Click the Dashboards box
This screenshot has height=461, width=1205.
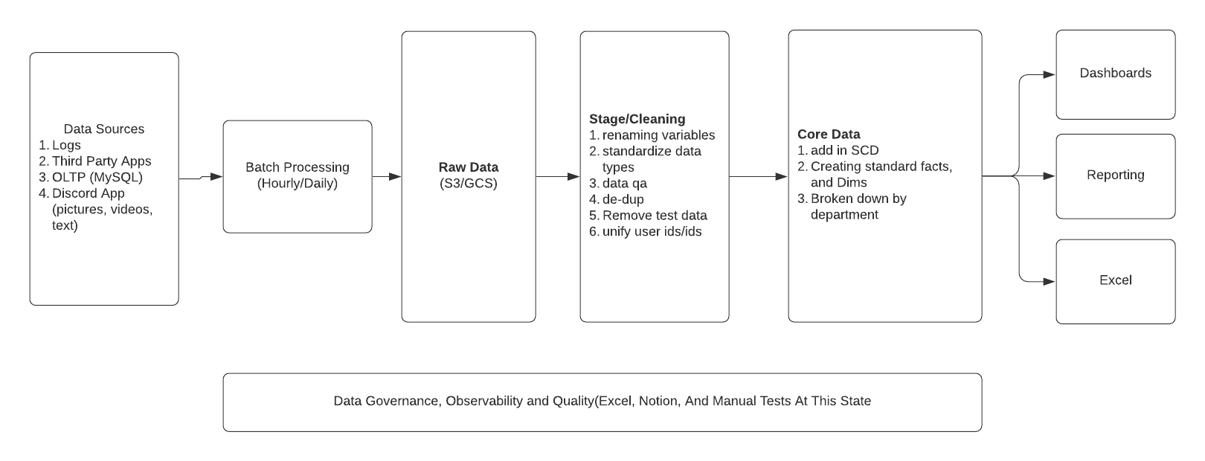[1115, 74]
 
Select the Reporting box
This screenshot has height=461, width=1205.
[1115, 175]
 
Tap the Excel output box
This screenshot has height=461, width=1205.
[1115, 280]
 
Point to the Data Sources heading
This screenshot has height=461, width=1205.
[104, 129]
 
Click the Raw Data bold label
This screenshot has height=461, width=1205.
[468, 167]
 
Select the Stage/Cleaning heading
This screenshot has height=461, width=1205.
[637, 119]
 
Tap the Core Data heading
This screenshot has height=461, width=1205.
[829, 135]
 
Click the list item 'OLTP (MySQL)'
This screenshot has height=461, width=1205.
[97, 178]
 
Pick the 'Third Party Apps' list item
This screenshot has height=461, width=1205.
[101, 161]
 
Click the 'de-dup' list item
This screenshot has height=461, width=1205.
[623, 199]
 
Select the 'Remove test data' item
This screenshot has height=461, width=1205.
[655, 216]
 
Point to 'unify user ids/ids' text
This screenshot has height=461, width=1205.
[652, 231]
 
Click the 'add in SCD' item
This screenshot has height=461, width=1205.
[844, 150]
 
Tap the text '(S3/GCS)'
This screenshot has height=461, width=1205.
[468, 184]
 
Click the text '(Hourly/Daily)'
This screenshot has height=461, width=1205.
[297, 184]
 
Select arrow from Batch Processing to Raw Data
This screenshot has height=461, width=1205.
[386, 177]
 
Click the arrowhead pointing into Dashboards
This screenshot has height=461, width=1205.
[1050, 74]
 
